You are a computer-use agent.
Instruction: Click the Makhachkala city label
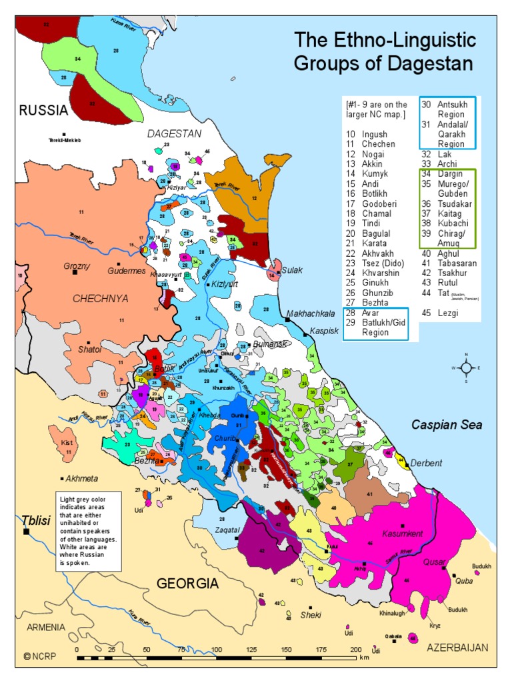point(314,313)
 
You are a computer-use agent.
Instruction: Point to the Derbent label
point(427,463)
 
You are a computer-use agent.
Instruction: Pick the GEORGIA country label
point(187,584)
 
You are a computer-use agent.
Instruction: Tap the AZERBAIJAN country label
point(458,648)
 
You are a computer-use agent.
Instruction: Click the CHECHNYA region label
point(100,298)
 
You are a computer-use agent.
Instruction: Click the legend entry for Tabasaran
point(453,263)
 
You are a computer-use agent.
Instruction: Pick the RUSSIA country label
point(43,111)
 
